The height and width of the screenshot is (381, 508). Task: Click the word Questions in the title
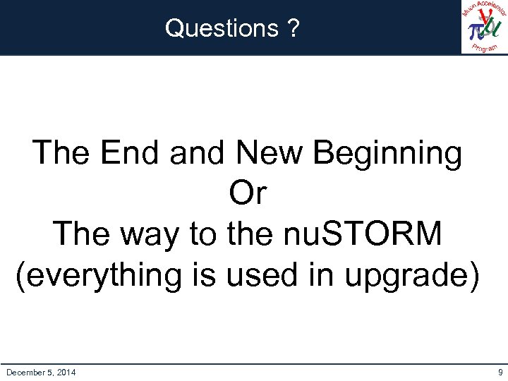[222, 28]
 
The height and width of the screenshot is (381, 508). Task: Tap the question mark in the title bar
[293, 28]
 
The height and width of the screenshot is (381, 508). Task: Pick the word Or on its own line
[247, 193]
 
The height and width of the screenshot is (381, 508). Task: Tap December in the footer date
[26, 372]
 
